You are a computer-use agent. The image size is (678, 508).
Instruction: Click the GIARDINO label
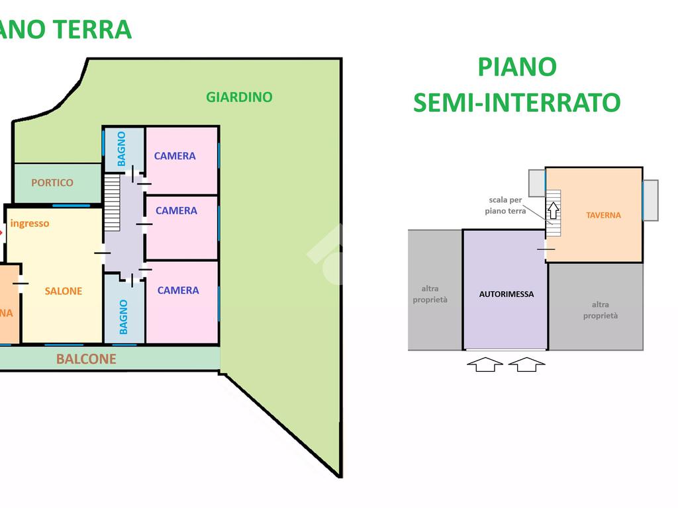[x=239, y=97]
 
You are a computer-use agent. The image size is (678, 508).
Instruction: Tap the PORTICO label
[x=52, y=183]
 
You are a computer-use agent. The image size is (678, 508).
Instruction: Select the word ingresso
[x=30, y=224]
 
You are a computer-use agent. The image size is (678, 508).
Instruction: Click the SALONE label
[x=64, y=291]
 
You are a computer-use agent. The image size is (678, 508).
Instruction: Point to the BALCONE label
[x=86, y=359]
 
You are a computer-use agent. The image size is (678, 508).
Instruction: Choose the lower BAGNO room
[x=123, y=316]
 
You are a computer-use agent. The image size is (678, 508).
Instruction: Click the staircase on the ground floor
[x=112, y=202]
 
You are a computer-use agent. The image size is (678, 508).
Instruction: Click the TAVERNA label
[x=603, y=215]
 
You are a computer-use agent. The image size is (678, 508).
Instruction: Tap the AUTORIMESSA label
[x=507, y=294]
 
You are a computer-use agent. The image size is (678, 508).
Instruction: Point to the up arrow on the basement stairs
[x=553, y=210]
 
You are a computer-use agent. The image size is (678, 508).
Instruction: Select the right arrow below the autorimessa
[x=526, y=364]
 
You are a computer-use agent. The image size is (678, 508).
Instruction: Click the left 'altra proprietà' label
[x=430, y=294]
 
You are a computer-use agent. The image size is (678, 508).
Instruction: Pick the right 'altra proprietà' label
[x=601, y=310]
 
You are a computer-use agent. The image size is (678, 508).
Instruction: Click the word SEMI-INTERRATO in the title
[x=516, y=103]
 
